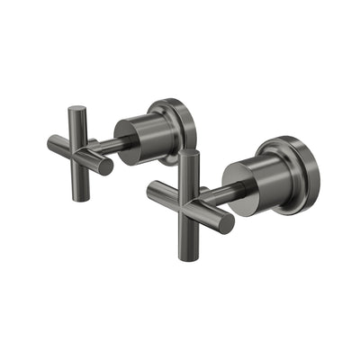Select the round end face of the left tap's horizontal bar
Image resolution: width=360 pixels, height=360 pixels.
click(x=106, y=167)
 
